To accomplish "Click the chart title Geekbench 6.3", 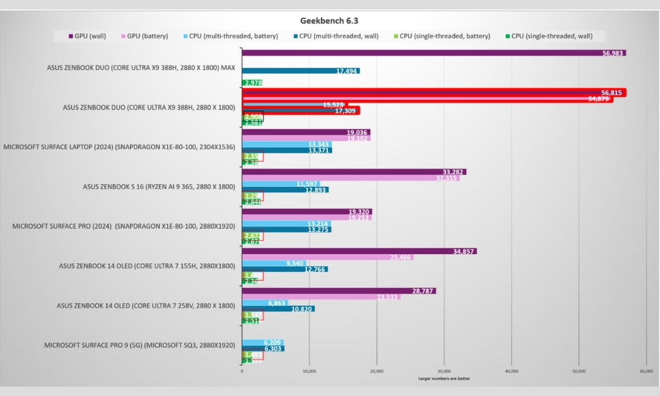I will [x=329, y=20].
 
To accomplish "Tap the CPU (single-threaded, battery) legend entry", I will [x=445, y=36].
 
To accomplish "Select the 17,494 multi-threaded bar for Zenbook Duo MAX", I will [x=301, y=71].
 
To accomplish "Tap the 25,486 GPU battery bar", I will [x=327, y=257].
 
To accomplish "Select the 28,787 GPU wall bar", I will [x=339, y=290].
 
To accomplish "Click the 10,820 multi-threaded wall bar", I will [x=278, y=309].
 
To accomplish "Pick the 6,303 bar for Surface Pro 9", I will [x=263, y=348].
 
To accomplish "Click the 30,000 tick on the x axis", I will [x=444, y=371].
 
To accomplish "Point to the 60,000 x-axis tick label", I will [x=646, y=371].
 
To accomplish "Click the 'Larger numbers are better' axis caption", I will [x=444, y=378].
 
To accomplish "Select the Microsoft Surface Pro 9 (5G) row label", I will [x=140, y=345].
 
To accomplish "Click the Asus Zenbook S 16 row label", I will [x=159, y=186].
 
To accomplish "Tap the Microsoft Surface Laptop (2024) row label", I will [x=119, y=147].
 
